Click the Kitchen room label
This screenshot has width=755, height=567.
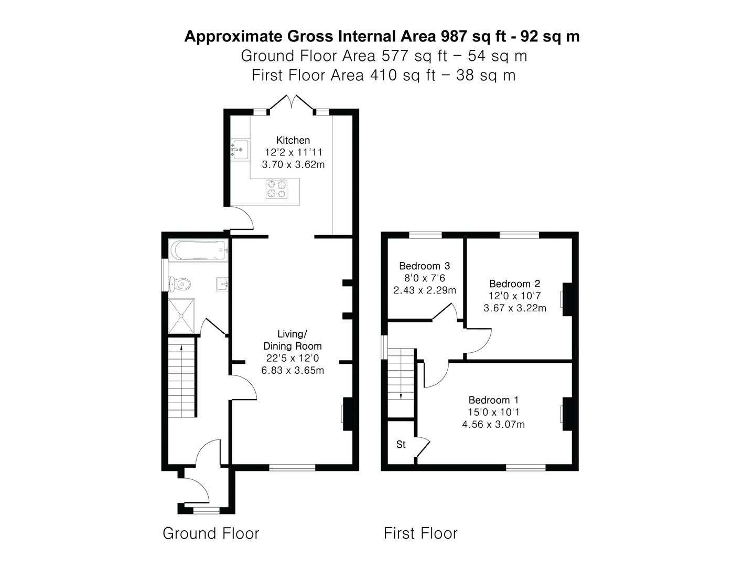[x=293, y=140]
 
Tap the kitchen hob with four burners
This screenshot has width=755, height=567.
[x=277, y=189]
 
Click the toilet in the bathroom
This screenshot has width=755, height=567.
[x=180, y=284]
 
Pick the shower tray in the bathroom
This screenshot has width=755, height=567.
[x=181, y=316]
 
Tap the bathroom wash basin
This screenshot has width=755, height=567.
[x=222, y=285]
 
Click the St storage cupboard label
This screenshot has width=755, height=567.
[x=401, y=445]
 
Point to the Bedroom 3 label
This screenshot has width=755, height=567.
[x=424, y=266]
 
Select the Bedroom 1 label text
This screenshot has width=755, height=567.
[x=493, y=400]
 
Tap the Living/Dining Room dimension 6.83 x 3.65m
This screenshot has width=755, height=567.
[x=293, y=370]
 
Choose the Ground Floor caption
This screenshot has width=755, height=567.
[x=211, y=533]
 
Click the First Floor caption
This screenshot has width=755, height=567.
[x=420, y=533]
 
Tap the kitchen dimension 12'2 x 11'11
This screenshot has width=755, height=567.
[x=293, y=152]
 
